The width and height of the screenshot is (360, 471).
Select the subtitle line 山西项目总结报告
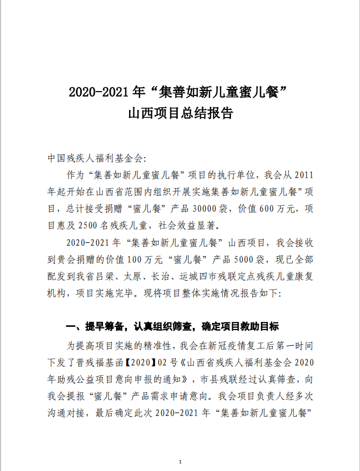179,114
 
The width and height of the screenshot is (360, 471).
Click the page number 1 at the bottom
179,462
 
